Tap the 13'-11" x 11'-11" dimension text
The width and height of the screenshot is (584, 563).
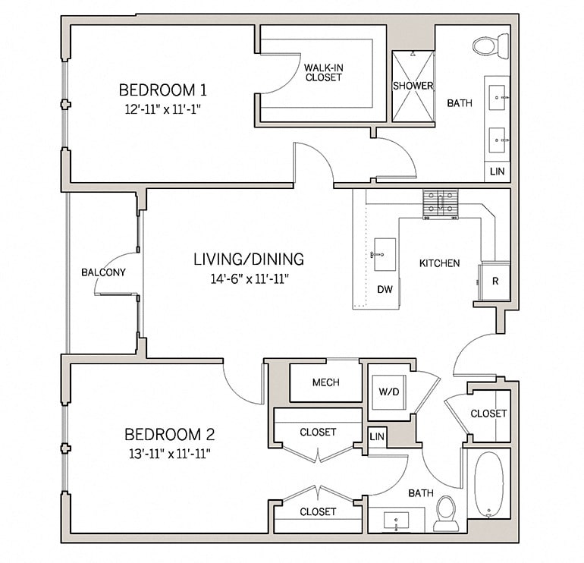[x=169, y=454]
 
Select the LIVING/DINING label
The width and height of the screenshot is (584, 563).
[x=248, y=259]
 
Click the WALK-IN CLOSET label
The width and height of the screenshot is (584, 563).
[x=323, y=72]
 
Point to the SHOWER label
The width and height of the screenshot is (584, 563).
[x=413, y=86]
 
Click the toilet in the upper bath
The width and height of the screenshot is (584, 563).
[x=490, y=46]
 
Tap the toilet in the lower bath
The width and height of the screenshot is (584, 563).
[x=446, y=514]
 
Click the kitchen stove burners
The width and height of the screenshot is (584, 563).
[x=441, y=203]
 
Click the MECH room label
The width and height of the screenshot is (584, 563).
[x=325, y=382]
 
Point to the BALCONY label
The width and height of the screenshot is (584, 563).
[x=104, y=272]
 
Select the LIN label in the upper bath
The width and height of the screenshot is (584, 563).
[x=498, y=171]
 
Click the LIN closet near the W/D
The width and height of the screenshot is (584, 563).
[x=376, y=437]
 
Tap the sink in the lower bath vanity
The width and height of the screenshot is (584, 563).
[x=397, y=521]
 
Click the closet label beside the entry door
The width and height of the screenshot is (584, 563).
[x=488, y=414]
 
